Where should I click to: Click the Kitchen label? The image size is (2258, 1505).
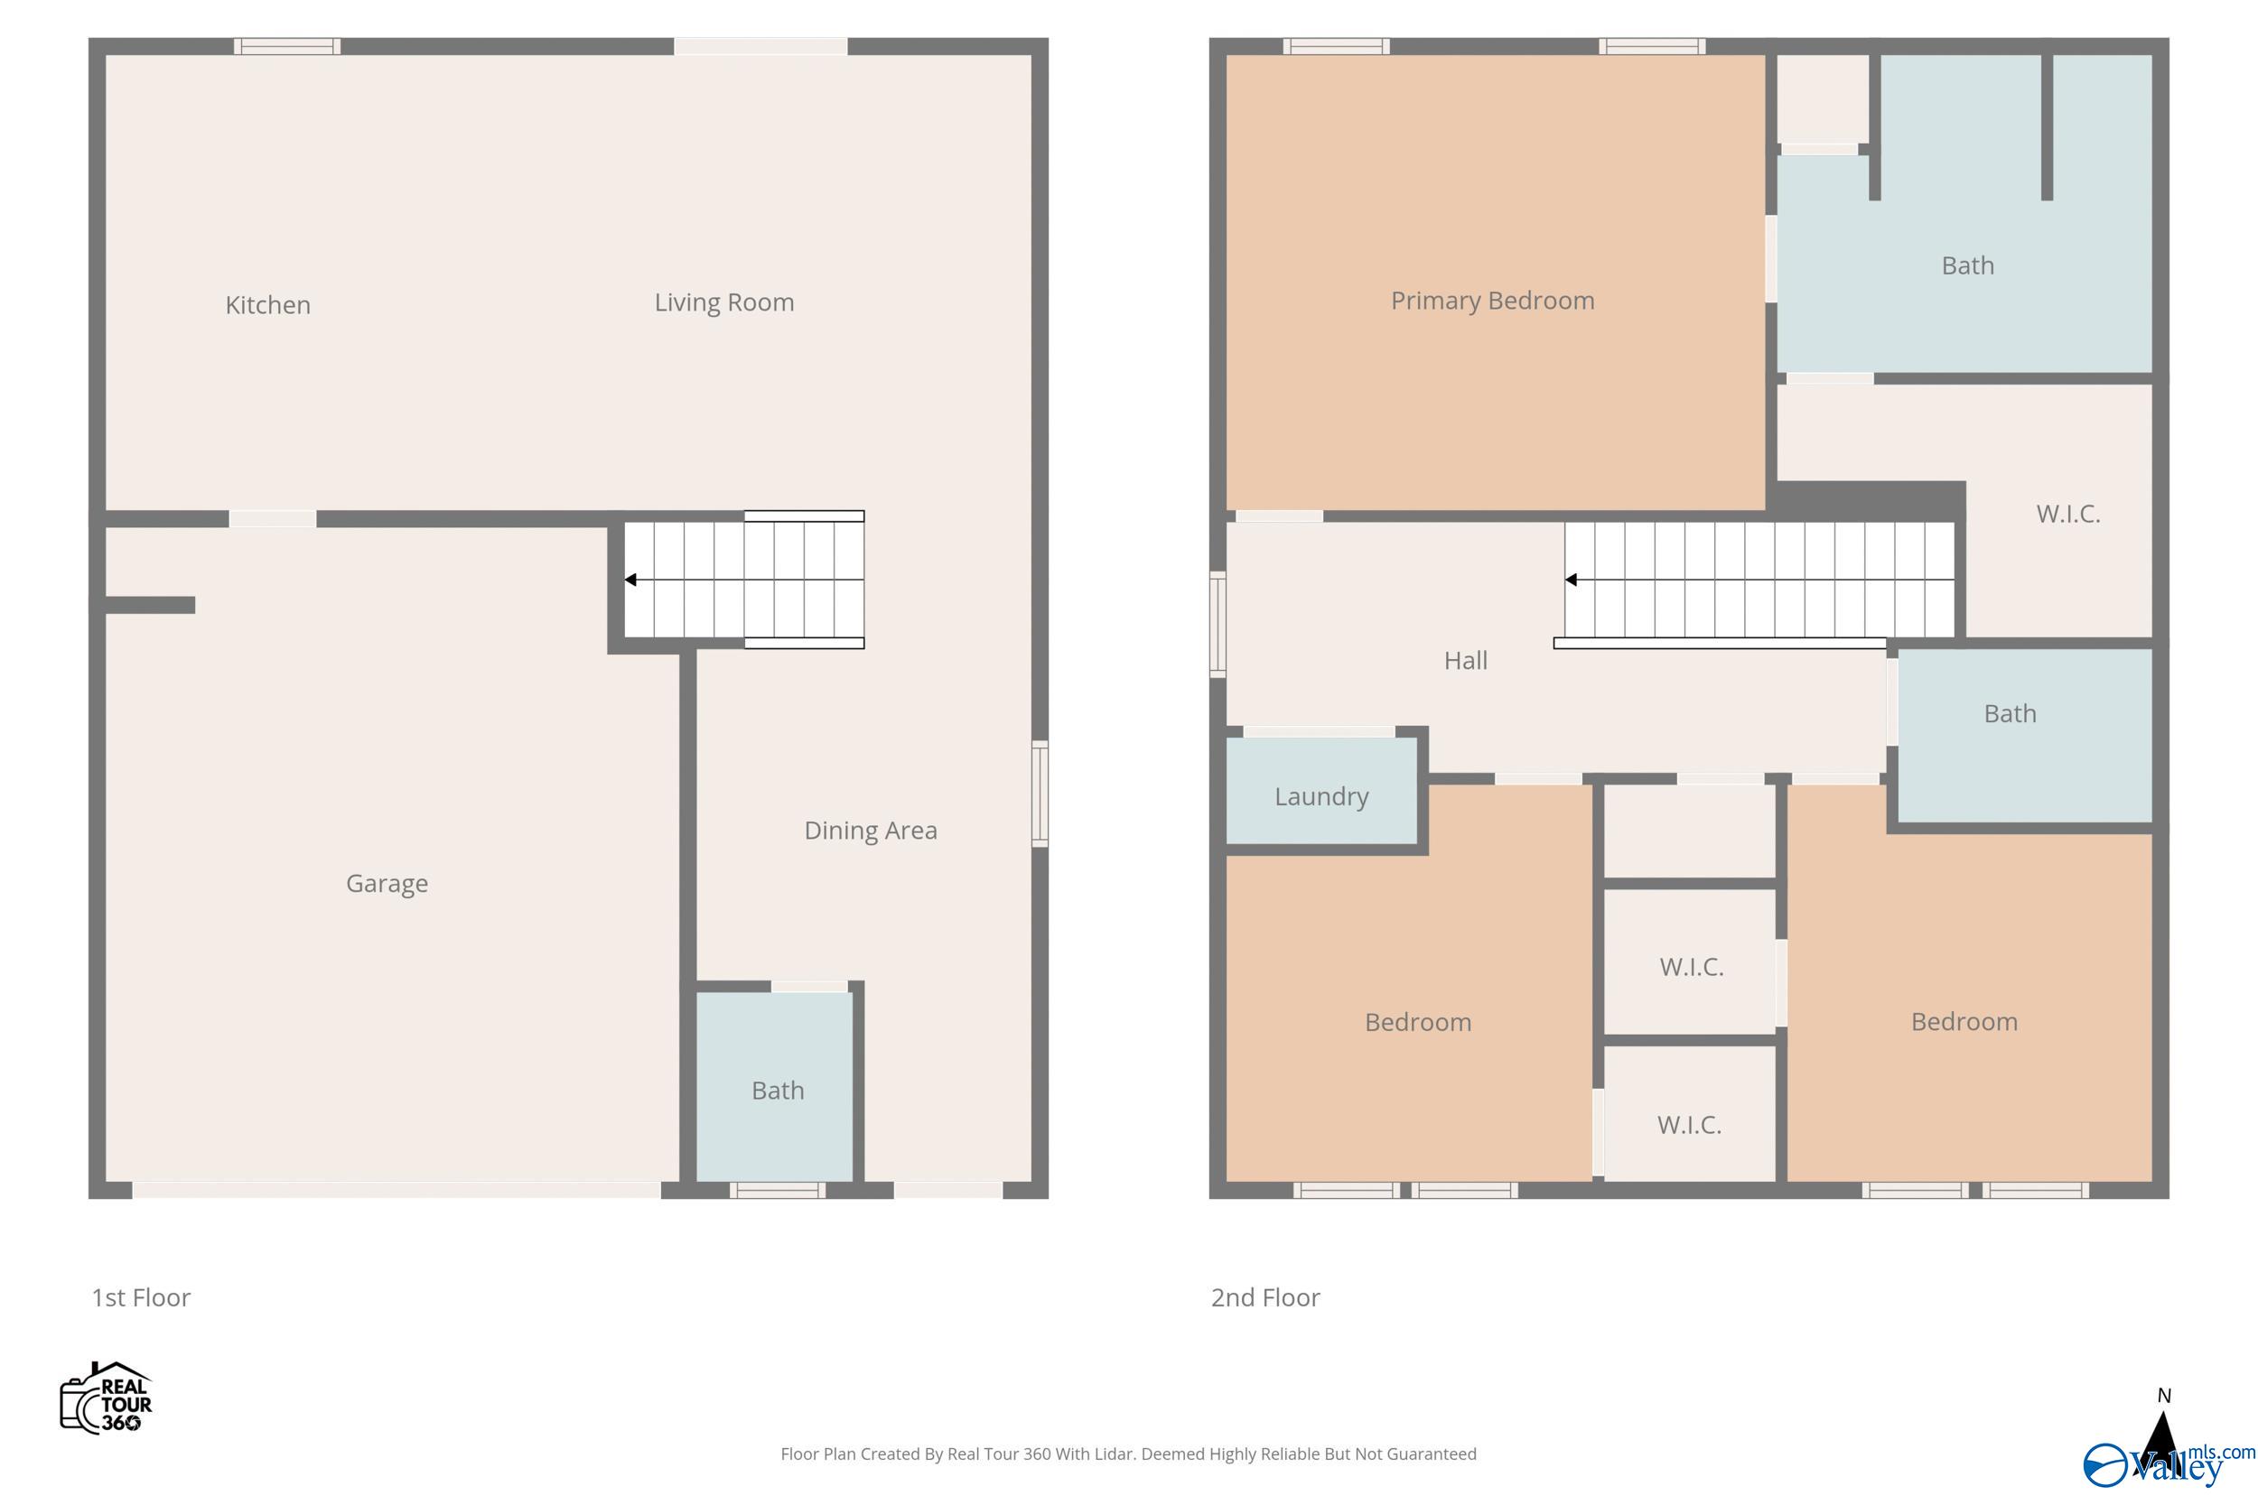pyautogui.click(x=268, y=305)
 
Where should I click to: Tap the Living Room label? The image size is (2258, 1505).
pyautogui.click(x=723, y=302)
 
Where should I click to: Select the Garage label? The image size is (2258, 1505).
pyautogui.click(x=387, y=883)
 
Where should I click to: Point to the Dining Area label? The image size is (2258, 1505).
pyautogui.click(x=870, y=831)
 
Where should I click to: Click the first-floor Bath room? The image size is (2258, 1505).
pyautogui.click(x=777, y=1090)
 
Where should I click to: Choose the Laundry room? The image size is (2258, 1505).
pyautogui.click(x=1321, y=795)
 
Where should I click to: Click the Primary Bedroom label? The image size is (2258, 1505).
pyautogui.click(x=1492, y=301)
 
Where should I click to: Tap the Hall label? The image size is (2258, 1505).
pyautogui.click(x=1465, y=660)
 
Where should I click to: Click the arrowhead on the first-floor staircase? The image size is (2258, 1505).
pyautogui.click(x=630, y=580)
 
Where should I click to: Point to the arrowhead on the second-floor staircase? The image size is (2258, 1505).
pyautogui.click(x=1571, y=580)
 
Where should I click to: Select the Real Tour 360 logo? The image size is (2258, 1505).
pyautogui.click(x=107, y=1398)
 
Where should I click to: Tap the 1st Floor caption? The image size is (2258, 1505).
pyautogui.click(x=141, y=1297)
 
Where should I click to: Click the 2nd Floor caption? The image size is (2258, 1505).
pyautogui.click(x=1264, y=1297)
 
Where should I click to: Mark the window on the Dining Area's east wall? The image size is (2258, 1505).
pyautogui.click(x=1039, y=794)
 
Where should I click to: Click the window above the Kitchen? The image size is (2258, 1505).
pyautogui.click(x=287, y=46)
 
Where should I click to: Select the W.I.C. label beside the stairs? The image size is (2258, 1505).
pyautogui.click(x=2068, y=514)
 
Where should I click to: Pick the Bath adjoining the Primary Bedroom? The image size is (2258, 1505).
pyautogui.click(x=1967, y=265)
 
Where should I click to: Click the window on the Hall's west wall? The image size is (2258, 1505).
pyautogui.click(x=1218, y=624)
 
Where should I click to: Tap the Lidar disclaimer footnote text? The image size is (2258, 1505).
pyautogui.click(x=1128, y=1454)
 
